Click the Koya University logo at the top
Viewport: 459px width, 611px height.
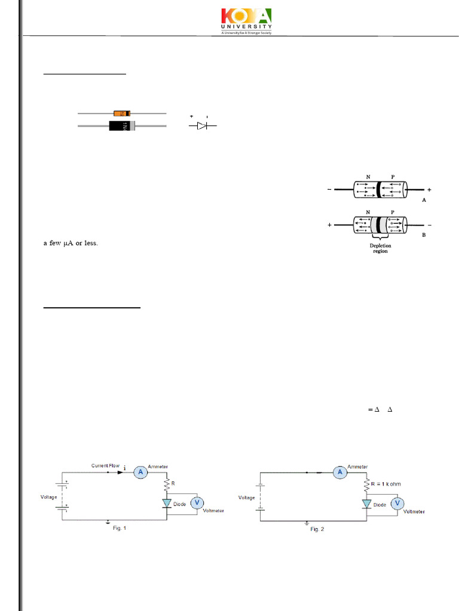247,21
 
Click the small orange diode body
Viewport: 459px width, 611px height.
121,113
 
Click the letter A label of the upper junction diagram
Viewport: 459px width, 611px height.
424,201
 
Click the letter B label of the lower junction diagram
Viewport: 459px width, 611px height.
424,235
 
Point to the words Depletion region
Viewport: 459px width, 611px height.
380,248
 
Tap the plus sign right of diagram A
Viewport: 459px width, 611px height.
429,190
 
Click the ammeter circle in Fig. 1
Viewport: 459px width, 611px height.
140,472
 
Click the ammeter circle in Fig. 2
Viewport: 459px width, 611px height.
340,472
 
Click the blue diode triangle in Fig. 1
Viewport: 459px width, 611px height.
167,503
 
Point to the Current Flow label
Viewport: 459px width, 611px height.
106,465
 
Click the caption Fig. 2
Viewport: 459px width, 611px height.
317,529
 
